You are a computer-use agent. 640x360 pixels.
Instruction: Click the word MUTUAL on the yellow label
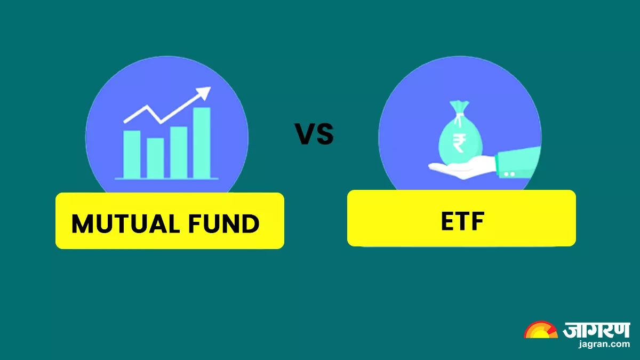point(126,223)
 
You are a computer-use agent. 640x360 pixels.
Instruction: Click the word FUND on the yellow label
point(223,223)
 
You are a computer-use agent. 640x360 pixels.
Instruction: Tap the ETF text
point(462,221)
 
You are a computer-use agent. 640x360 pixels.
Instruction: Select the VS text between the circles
point(314,134)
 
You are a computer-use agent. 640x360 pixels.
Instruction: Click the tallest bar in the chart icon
point(202,143)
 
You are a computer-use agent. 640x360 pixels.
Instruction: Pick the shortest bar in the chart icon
point(155,158)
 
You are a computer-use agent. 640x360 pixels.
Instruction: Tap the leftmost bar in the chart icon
point(132,154)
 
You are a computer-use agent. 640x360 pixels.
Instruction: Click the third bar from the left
point(179,153)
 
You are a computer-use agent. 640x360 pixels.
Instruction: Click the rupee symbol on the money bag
point(459,143)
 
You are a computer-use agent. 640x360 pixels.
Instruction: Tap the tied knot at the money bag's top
point(459,115)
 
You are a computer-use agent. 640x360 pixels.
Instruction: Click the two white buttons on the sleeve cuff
point(509,174)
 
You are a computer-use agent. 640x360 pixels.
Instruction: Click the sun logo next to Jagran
point(541,330)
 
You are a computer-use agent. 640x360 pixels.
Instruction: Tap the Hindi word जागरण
point(596,330)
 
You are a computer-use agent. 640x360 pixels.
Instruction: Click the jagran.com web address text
point(604,344)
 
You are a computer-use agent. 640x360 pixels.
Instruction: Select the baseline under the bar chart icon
point(167,179)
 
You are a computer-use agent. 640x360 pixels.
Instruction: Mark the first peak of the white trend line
point(147,106)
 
